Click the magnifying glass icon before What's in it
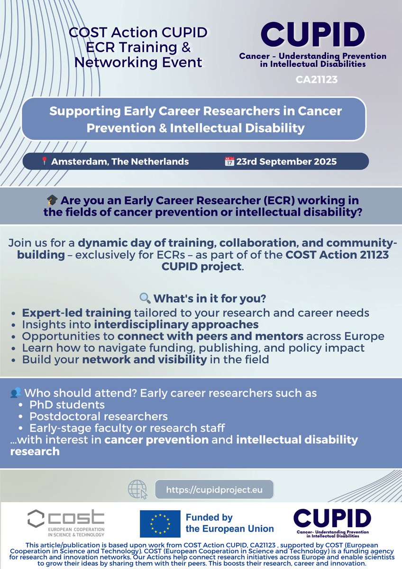[x=145, y=299]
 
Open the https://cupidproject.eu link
[x=214, y=488]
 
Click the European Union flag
[x=159, y=523]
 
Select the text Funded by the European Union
[x=230, y=523]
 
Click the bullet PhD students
[x=67, y=405]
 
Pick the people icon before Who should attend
[x=16, y=393]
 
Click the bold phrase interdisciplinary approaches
[x=176, y=324]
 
